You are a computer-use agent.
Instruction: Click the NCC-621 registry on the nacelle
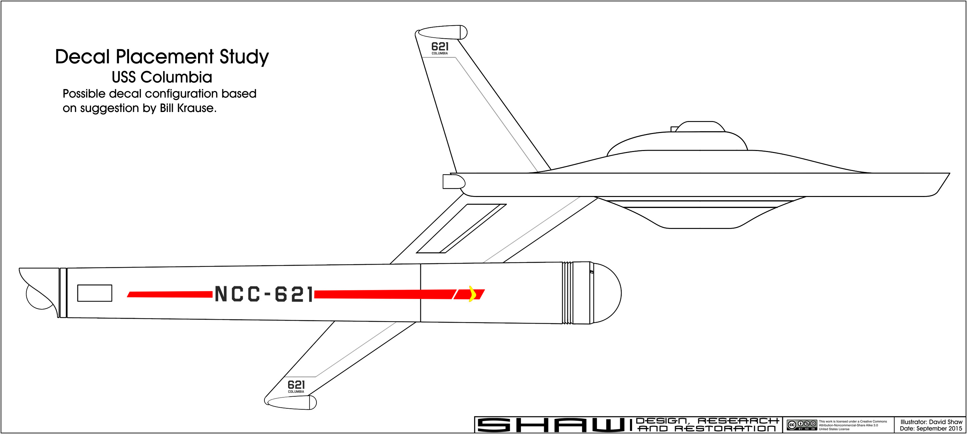point(263,294)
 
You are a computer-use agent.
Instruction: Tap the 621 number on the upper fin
point(440,47)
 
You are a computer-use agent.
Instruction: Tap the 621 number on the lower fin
point(296,385)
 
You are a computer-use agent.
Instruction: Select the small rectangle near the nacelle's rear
point(95,293)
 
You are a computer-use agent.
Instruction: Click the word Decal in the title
point(82,57)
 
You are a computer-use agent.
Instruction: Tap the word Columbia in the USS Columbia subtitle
point(176,77)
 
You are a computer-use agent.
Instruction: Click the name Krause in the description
point(197,108)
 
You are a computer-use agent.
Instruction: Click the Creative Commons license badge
point(802,425)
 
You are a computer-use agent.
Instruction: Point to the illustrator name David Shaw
point(946,422)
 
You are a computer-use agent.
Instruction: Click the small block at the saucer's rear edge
point(453,182)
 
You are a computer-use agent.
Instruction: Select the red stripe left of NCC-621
point(170,294)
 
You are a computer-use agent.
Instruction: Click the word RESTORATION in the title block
point(725,428)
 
